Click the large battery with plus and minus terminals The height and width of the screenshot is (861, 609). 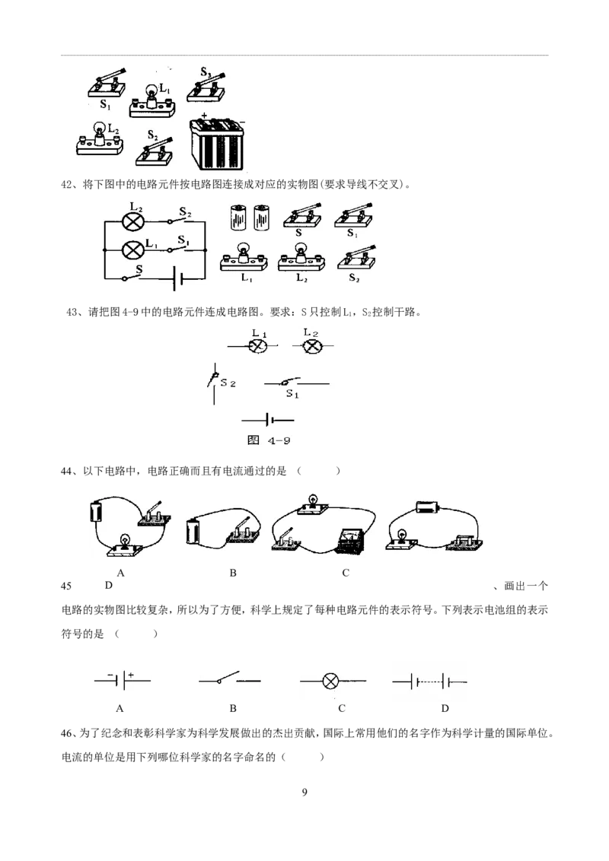(x=216, y=143)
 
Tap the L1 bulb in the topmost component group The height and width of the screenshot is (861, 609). (x=152, y=101)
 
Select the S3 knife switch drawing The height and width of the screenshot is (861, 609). (x=206, y=86)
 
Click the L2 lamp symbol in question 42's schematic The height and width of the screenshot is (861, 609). (x=132, y=222)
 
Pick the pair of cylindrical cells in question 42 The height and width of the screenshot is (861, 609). (x=250, y=218)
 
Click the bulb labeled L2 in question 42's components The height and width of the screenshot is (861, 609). (x=301, y=258)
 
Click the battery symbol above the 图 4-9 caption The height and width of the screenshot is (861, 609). (x=268, y=421)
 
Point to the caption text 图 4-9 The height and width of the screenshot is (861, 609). (x=269, y=440)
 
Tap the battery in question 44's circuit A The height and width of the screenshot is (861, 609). (x=96, y=510)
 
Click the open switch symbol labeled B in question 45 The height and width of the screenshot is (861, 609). (x=230, y=678)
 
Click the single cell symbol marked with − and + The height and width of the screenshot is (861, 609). (x=123, y=680)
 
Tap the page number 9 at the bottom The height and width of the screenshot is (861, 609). (x=304, y=792)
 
